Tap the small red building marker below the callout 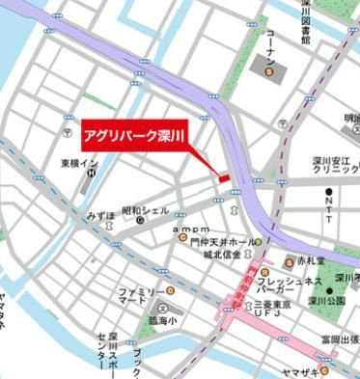click(223, 178)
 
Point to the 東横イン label click(79, 164)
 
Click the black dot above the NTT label click(329, 191)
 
